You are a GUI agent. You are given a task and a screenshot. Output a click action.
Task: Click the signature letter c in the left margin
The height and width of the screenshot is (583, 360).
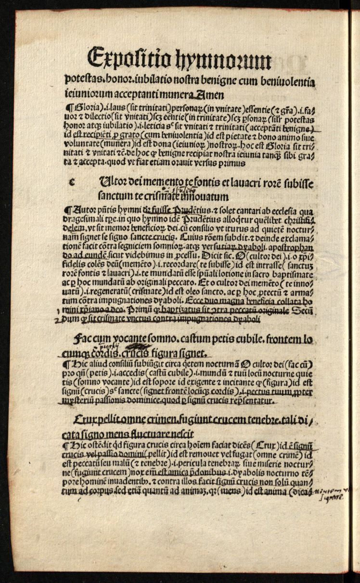coord(73,181)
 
